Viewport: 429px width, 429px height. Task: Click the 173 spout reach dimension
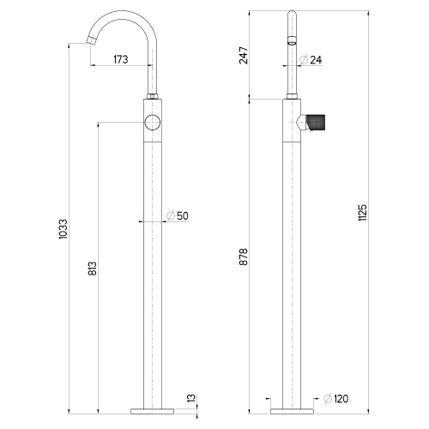[121, 59]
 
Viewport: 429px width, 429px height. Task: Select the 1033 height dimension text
[63, 229]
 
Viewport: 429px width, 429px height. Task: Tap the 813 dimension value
[92, 269]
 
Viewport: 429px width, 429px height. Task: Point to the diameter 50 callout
[178, 215]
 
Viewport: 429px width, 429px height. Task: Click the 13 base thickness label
[191, 397]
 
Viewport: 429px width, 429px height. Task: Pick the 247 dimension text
[244, 55]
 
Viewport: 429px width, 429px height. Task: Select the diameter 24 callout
[311, 60]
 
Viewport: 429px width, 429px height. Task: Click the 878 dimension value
[244, 257]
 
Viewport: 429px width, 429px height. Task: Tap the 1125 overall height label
[362, 212]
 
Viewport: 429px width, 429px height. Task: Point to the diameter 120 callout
[336, 399]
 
